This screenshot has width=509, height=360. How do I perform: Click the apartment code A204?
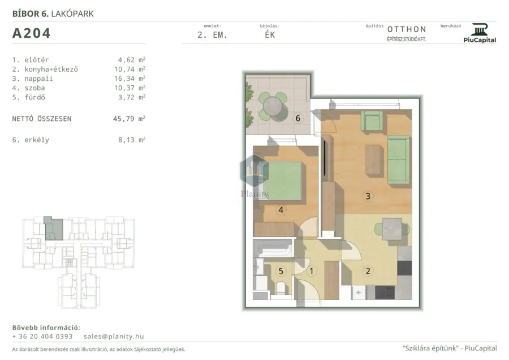[31, 33]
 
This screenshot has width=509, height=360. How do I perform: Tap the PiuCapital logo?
[480, 33]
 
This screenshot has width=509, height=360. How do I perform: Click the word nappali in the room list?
[38, 79]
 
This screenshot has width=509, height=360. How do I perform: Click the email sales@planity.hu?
[114, 336]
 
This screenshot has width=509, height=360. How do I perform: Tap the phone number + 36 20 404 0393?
[42, 336]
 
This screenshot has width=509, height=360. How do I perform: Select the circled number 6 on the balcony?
[297, 118]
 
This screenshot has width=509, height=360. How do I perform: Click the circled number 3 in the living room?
[368, 196]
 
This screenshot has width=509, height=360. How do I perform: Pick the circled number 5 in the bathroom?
[281, 271]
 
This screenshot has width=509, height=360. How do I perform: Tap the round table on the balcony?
[273, 106]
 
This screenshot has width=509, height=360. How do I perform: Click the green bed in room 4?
[282, 181]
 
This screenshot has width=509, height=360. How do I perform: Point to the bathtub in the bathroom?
[273, 249]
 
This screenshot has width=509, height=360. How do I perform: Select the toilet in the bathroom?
[281, 288]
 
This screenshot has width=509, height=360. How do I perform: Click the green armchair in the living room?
[372, 120]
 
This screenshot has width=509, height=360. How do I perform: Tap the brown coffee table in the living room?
[374, 161]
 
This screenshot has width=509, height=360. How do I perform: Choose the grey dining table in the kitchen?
[392, 229]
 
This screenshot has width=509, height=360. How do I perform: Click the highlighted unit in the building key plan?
[54, 229]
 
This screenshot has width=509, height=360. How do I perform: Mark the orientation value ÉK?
[270, 35]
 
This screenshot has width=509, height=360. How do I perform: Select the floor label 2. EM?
[212, 35]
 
